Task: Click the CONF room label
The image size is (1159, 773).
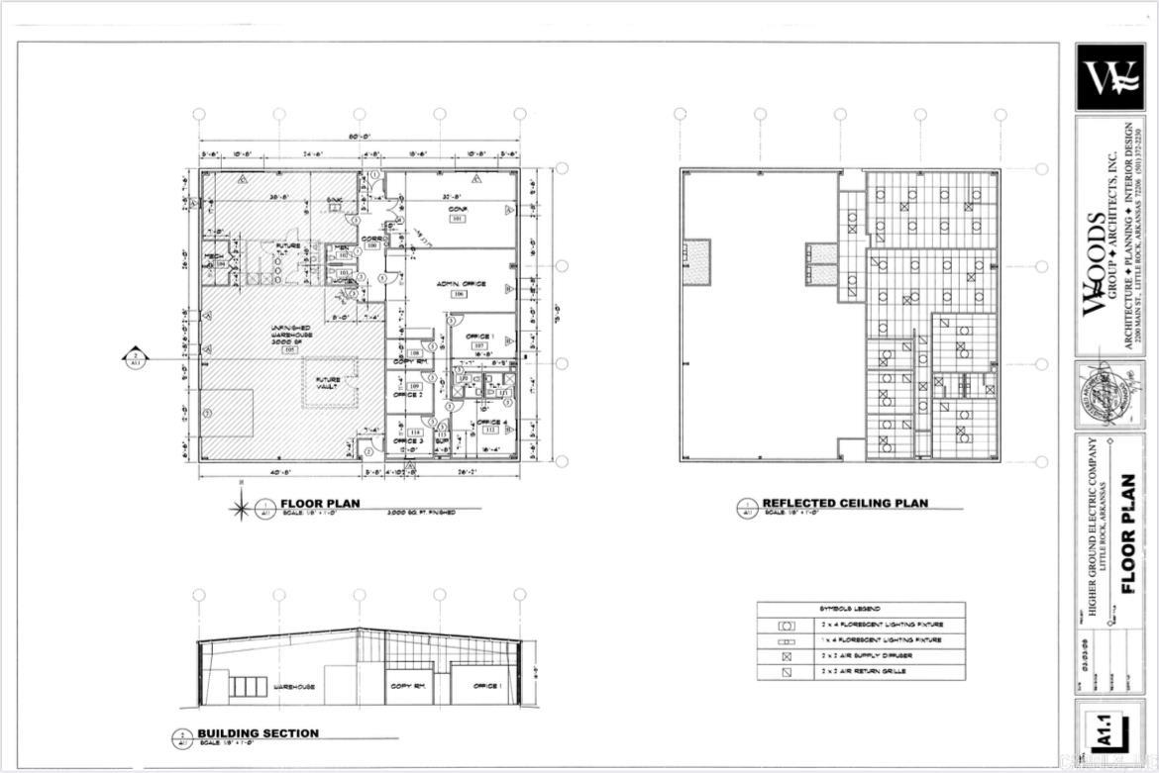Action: (x=457, y=208)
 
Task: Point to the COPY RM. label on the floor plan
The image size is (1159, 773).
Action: (x=409, y=361)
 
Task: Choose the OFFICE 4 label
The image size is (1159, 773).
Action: (x=491, y=423)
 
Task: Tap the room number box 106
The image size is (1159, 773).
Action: (x=458, y=294)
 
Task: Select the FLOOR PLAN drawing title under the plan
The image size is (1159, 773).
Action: (x=320, y=504)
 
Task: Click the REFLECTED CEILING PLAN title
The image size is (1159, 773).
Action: (x=844, y=504)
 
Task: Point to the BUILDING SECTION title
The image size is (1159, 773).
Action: (x=258, y=733)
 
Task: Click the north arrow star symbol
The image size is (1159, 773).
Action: (x=241, y=510)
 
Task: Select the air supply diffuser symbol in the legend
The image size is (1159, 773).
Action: (x=787, y=656)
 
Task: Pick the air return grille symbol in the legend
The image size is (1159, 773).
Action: (x=787, y=672)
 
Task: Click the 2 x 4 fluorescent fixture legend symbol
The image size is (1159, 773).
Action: (x=787, y=626)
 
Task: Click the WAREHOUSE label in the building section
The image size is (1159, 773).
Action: (x=294, y=687)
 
